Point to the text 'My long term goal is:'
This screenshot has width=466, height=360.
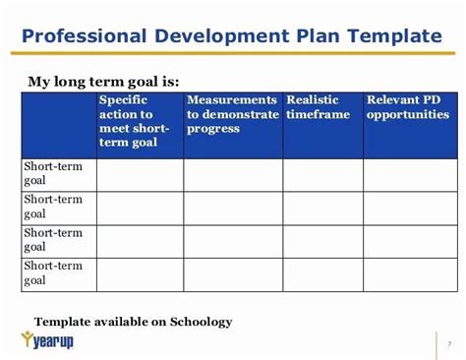[103, 82]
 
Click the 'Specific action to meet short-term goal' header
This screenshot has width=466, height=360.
[139, 123]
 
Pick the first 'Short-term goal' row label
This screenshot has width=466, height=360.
[53, 174]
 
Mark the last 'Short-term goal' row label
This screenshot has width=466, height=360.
[53, 274]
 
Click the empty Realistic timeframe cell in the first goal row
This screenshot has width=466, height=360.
[322, 175]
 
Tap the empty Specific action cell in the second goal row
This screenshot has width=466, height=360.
[140, 208]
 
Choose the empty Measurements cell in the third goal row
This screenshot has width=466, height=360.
[232, 241]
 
